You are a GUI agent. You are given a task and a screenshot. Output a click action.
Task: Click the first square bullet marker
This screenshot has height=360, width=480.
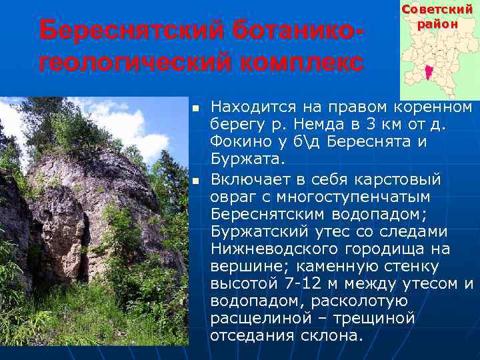click(195, 108)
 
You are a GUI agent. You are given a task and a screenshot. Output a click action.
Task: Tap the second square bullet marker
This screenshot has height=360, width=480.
click(195, 180)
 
